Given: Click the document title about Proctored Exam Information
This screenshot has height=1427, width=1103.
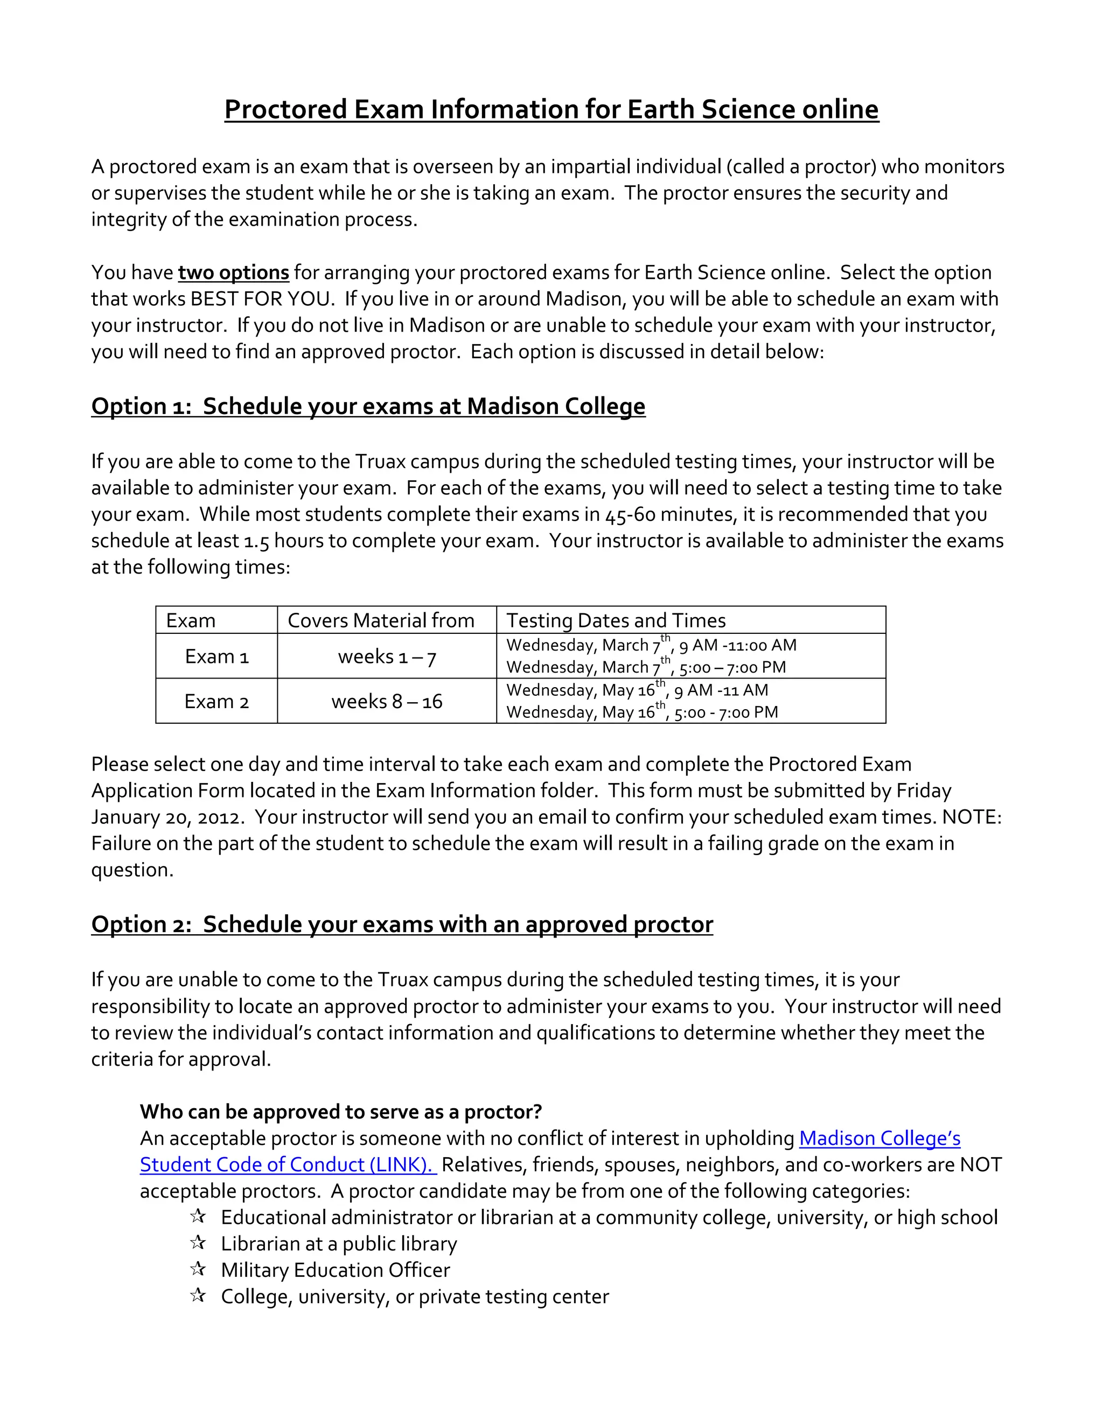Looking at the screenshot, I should (x=551, y=109).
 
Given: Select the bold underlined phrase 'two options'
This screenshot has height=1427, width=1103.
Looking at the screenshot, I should (x=233, y=272).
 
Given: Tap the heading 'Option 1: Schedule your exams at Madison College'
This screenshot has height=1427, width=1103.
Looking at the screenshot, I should (x=368, y=407).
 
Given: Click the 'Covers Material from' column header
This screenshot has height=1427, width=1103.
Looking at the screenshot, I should (x=381, y=620).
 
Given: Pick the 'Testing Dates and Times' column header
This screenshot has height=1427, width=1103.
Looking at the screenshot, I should (x=616, y=620).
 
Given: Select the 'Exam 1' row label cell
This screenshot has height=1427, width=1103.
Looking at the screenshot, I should (x=217, y=656).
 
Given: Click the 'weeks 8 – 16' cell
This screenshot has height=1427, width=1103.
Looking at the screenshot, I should (x=387, y=701).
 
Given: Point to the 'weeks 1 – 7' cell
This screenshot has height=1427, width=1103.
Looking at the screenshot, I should (x=387, y=656).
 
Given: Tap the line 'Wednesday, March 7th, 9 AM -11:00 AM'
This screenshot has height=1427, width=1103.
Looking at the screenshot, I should (x=651, y=646).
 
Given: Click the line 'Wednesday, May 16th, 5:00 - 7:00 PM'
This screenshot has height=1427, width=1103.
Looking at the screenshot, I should (x=641, y=712).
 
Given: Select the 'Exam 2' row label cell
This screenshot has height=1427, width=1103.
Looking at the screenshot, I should (x=217, y=701).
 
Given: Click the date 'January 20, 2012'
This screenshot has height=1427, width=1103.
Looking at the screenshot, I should (x=167, y=817).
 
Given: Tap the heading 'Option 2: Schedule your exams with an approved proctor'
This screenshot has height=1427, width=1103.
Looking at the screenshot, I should (x=402, y=925).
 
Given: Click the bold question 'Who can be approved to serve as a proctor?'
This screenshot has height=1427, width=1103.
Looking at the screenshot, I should (x=340, y=1112).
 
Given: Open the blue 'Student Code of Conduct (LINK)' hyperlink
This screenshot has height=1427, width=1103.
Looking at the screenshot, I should (x=288, y=1165).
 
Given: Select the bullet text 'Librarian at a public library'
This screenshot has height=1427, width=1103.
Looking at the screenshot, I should (x=338, y=1244).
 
